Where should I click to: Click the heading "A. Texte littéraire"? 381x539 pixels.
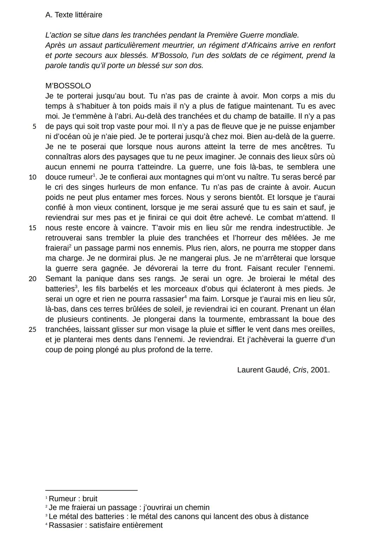pyautogui.click(x=74, y=15)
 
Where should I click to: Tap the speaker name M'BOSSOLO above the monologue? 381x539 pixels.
pyautogui.click(x=68, y=86)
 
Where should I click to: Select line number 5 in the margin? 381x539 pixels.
pyautogui.click(x=34, y=126)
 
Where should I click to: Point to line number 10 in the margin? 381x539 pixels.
pyautogui.click(x=32, y=177)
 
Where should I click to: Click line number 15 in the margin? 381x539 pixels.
pyautogui.click(x=32, y=228)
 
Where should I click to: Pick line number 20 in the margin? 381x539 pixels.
pyautogui.click(x=32, y=279)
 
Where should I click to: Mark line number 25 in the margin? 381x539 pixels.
pyautogui.click(x=32, y=330)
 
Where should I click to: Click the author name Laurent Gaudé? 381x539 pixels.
pyautogui.click(x=264, y=370)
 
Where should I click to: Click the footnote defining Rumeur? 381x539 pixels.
pyautogui.click(x=73, y=499)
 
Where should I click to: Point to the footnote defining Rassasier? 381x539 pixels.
pyautogui.click(x=105, y=525)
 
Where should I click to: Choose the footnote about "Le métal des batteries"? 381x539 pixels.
pyautogui.click(x=178, y=516)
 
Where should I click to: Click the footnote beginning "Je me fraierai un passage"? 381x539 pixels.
pyautogui.click(x=129, y=508)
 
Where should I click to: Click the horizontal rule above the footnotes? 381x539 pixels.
pyautogui.click(x=91, y=490)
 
